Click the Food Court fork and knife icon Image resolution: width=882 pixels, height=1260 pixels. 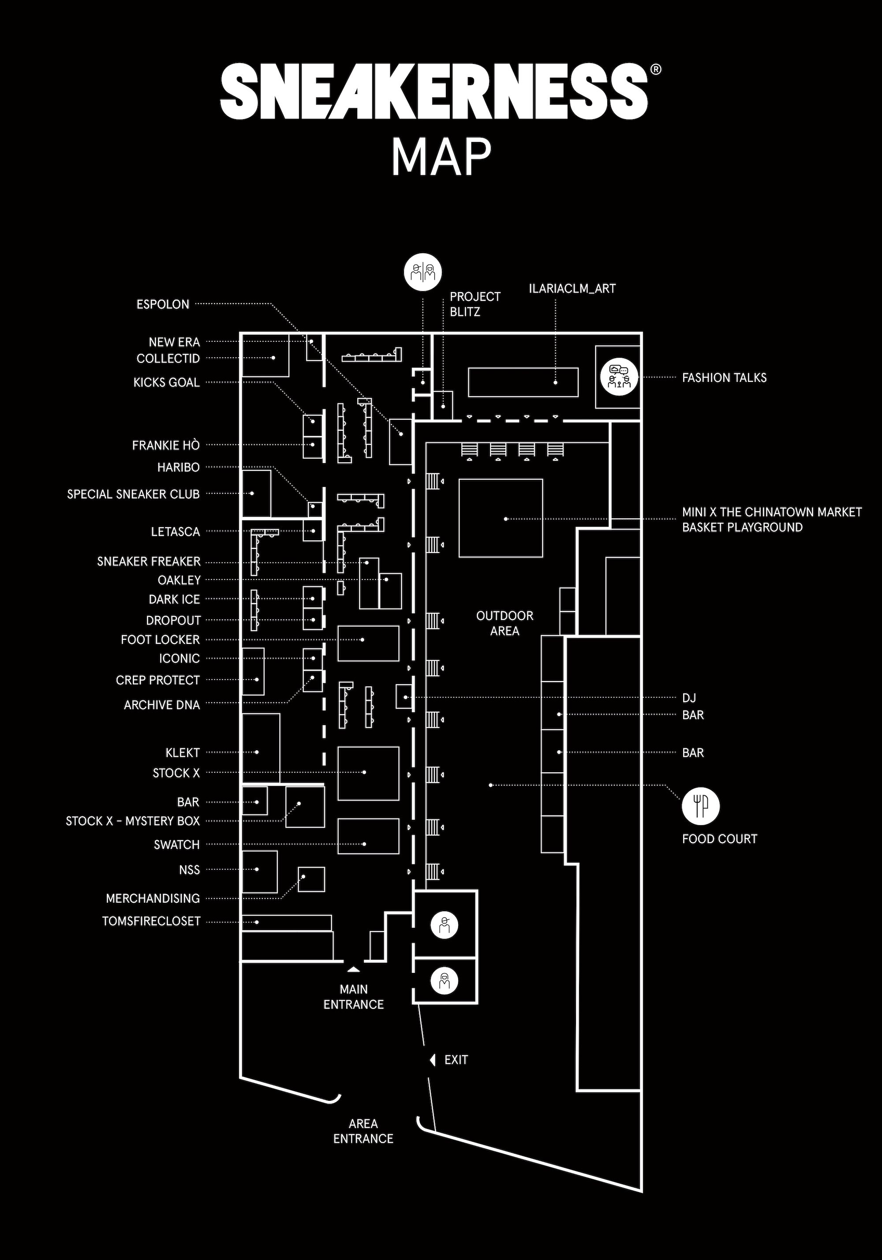click(700, 806)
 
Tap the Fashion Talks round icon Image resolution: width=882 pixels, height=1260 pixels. click(619, 377)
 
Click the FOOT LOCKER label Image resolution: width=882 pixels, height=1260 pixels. click(160, 639)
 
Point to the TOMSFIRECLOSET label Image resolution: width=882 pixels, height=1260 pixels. click(151, 921)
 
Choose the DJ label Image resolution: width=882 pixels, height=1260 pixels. click(689, 698)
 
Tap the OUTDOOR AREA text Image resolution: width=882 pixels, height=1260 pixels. click(505, 623)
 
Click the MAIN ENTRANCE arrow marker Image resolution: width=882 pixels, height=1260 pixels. click(353, 970)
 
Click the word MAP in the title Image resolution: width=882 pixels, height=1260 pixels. click(440, 157)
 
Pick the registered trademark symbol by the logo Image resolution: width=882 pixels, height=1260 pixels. click(655, 69)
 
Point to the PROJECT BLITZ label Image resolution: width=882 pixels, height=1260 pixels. click(475, 304)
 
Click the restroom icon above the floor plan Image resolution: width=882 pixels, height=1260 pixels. click(422, 271)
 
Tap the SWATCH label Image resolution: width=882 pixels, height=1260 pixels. click(177, 845)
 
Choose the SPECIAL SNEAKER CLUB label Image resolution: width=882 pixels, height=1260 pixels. click(133, 494)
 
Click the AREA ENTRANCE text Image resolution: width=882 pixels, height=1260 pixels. click(363, 1131)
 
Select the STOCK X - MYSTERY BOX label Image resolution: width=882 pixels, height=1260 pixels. click(133, 821)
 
